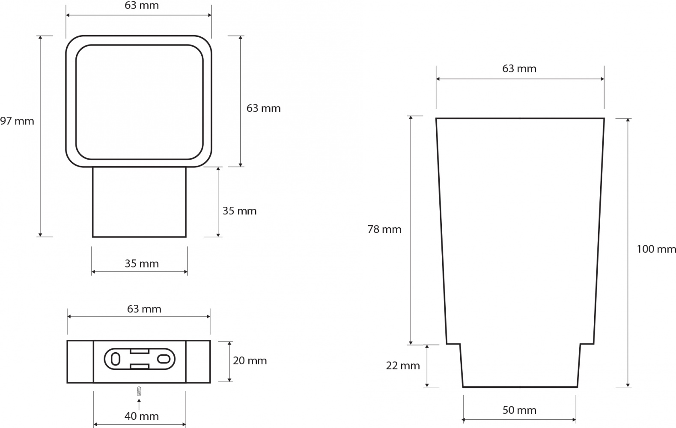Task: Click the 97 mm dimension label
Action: pos(17,121)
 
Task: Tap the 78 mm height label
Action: pos(384,229)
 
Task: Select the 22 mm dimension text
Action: pos(403,366)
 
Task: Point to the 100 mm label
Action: pos(656,249)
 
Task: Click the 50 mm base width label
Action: pos(519,410)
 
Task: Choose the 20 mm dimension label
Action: pos(250,361)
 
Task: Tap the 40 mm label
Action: pos(142,416)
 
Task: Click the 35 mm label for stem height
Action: pos(240,211)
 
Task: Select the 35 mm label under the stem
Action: pos(142,264)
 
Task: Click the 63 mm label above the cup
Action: pos(519,69)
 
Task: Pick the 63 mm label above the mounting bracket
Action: pos(144,309)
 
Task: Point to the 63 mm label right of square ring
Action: pos(263,108)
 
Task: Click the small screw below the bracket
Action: pos(139,391)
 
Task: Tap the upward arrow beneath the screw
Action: pos(139,404)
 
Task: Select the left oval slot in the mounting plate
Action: pos(116,359)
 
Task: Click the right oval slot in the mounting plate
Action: pos(164,359)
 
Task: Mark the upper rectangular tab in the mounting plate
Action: pos(140,351)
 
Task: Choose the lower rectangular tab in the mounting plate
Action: pos(140,366)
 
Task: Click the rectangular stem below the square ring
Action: pos(139,202)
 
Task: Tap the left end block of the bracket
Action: pos(80,362)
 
